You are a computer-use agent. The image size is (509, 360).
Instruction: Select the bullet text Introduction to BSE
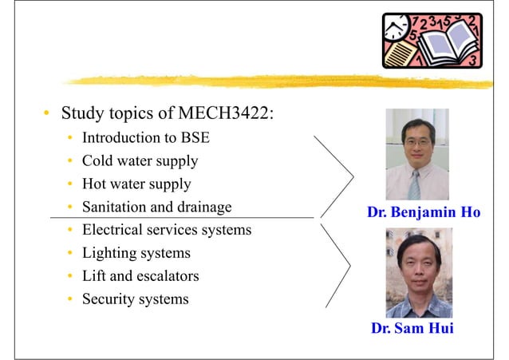coord(145,138)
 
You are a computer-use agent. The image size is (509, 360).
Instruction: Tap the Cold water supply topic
coord(140,161)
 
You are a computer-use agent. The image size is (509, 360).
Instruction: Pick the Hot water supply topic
coord(136,184)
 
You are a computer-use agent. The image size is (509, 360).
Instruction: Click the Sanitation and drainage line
coord(156,208)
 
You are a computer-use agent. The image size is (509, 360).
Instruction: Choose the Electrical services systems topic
coord(166,231)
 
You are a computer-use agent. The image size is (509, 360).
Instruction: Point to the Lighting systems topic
coord(136,254)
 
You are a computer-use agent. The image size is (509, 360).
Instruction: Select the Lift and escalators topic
coord(140,277)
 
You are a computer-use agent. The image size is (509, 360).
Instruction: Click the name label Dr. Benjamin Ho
coord(423,213)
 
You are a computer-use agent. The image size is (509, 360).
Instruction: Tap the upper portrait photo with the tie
coord(418,154)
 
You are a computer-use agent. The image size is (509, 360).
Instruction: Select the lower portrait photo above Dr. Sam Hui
coord(418,272)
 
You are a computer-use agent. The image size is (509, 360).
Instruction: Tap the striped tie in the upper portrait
coord(414,185)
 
